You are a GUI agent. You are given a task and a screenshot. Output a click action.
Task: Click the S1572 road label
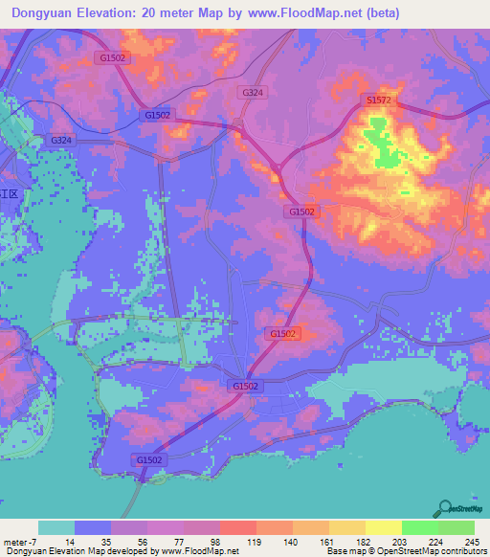[x=379, y=100]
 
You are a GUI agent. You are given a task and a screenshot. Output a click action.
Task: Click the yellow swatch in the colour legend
[x=383, y=527]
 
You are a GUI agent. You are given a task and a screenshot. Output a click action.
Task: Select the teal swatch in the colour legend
[x=56, y=527]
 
